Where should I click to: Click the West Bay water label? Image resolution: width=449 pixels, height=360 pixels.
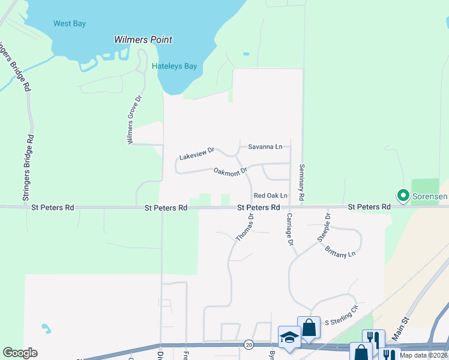coord(70,24)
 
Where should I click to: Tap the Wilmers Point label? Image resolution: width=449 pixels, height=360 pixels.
coord(143,40)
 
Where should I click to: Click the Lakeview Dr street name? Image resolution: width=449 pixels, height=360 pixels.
coord(197,154)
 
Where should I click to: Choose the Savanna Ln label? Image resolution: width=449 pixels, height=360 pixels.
coord(265,146)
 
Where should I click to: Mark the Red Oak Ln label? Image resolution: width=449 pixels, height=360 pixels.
coord(271,196)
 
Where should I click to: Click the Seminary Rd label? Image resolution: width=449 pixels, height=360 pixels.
coord(301,183)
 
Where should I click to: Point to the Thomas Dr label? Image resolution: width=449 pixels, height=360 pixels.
coord(244,228)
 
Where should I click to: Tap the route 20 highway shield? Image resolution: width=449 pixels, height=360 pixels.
coord(249,344)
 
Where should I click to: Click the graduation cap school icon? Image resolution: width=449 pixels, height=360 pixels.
coord(289,336)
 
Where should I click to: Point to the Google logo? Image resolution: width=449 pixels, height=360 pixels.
coord(20,353)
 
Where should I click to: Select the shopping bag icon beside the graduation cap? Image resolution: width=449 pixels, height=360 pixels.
coord(309,327)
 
